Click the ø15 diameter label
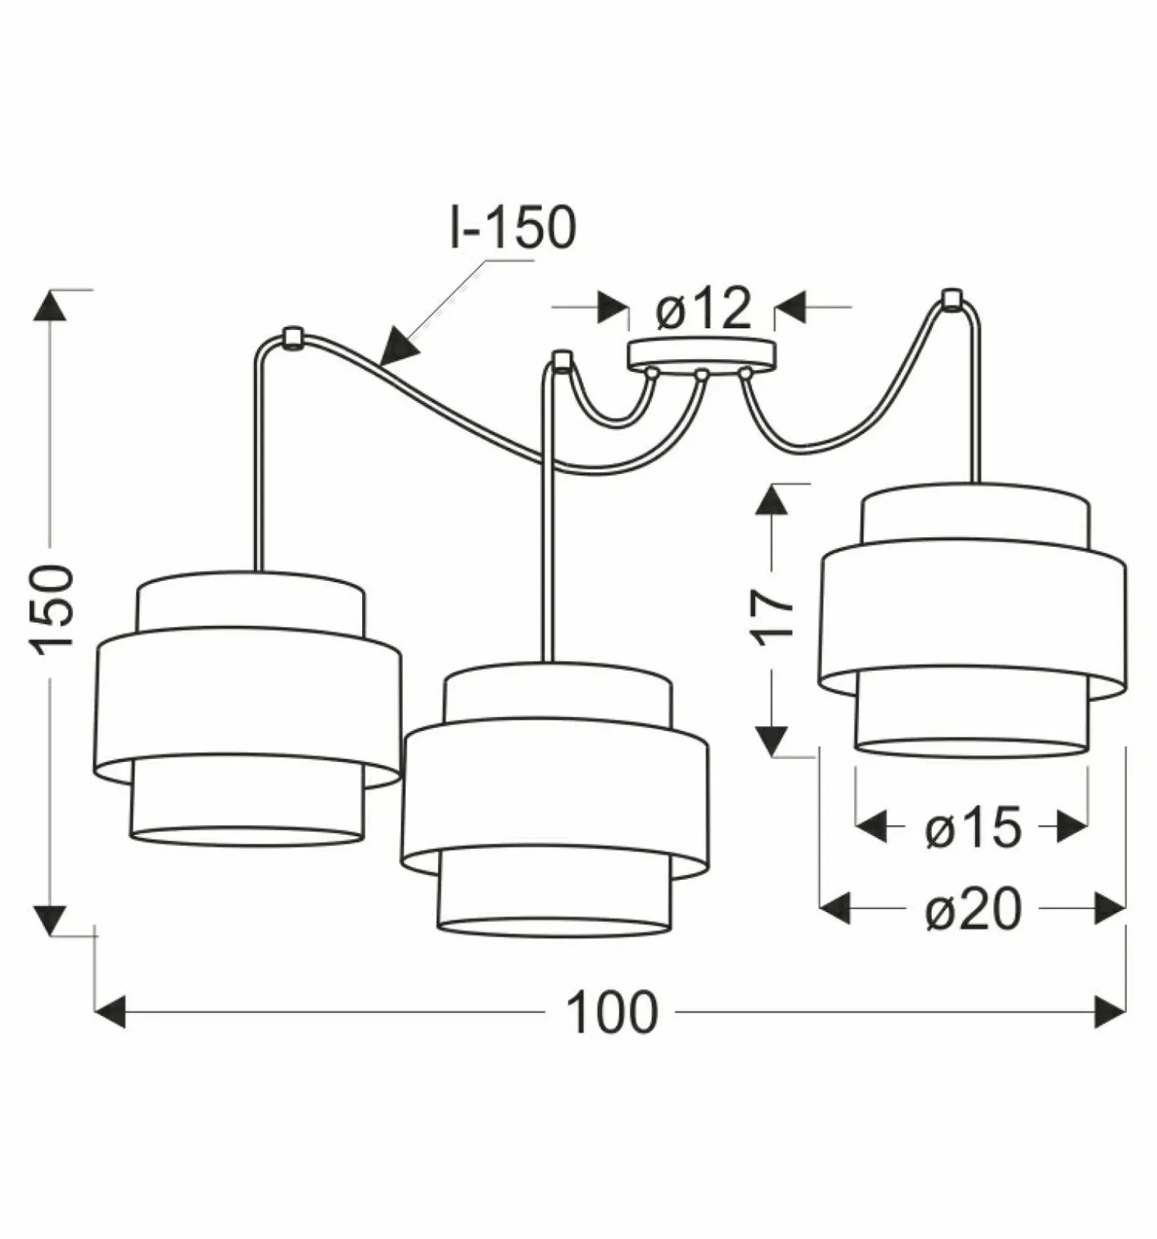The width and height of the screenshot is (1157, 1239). click(x=973, y=829)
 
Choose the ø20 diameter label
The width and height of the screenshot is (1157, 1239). click(x=973, y=910)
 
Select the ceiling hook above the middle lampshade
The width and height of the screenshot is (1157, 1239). click(x=560, y=360)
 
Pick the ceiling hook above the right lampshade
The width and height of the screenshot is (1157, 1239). click(x=952, y=298)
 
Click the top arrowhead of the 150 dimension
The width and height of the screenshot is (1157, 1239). click(x=51, y=305)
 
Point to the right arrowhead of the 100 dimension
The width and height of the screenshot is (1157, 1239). click(x=1110, y=1012)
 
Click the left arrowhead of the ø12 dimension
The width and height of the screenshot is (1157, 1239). click(x=612, y=307)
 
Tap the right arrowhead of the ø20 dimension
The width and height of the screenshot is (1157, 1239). click(x=1110, y=909)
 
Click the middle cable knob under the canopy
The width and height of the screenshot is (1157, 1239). click(x=702, y=373)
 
